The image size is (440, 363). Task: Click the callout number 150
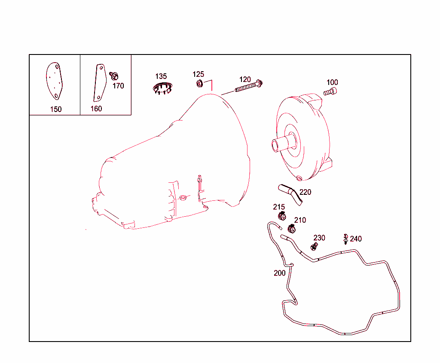[56, 109]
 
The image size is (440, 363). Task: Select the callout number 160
[96, 109]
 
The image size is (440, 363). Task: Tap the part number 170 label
[118, 86]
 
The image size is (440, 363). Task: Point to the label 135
[161, 76]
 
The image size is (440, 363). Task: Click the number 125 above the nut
[198, 74]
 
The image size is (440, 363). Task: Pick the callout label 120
[245, 79]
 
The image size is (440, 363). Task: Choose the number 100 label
[332, 82]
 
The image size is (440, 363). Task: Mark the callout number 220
[305, 192]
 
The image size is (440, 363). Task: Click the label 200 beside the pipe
[279, 273]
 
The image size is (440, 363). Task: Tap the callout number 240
[356, 239]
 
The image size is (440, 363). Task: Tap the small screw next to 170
[114, 76]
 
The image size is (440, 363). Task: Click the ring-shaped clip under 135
[162, 88]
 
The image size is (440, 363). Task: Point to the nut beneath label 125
[199, 84]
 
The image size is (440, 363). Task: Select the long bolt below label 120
[248, 87]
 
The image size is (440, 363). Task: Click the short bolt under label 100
[330, 91]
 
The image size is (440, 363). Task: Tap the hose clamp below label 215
[281, 215]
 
